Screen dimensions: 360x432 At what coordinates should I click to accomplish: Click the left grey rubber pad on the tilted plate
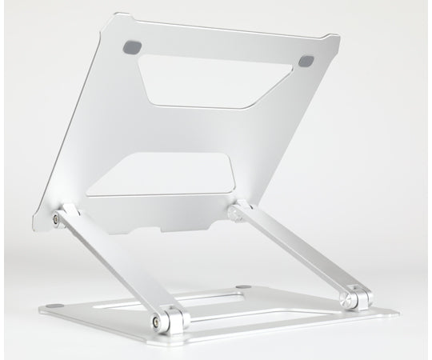pos(130,47)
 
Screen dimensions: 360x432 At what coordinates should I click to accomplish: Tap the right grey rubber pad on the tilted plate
pos(307,61)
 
